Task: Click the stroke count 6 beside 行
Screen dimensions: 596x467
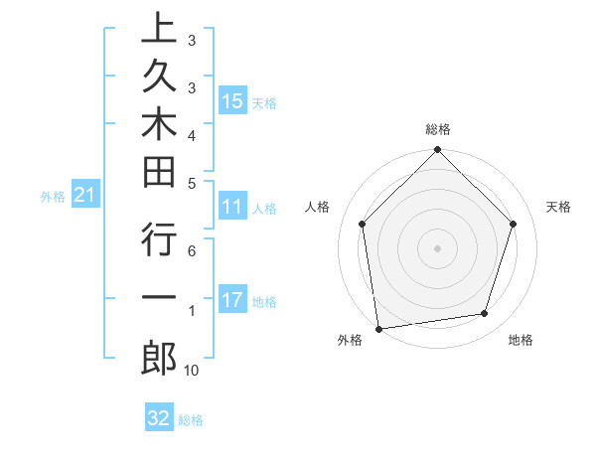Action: coord(192,252)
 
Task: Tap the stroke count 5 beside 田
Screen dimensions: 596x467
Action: coord(192,183)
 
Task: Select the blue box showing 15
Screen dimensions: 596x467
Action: coord(232,100)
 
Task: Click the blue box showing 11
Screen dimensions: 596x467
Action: coord(232,208)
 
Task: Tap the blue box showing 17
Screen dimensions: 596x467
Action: coord(232,300)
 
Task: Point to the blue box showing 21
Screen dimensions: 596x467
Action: coord(84,196)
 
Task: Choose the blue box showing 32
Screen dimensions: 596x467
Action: coord(159,418)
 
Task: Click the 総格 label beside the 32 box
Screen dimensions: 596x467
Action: coord(191,420)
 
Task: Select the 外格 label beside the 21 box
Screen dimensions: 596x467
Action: coord(53,198)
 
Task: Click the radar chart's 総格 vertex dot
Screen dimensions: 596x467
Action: coord(438,151)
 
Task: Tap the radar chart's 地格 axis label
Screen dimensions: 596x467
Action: coord(521,341)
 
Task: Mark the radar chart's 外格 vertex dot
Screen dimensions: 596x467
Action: coord(378,328)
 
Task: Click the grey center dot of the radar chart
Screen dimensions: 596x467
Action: coord(438,247)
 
